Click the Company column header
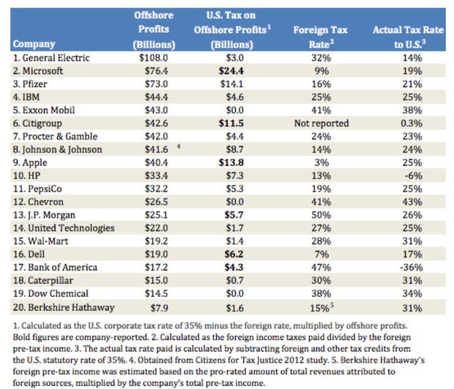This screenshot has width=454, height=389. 34,43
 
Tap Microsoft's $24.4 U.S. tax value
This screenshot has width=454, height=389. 223,70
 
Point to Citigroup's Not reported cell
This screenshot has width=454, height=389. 321,123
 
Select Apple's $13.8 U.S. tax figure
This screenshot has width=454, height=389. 223,162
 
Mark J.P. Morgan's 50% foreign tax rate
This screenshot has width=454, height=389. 321,215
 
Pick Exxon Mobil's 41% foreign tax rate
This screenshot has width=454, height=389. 321,110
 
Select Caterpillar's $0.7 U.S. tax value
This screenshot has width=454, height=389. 223,281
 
